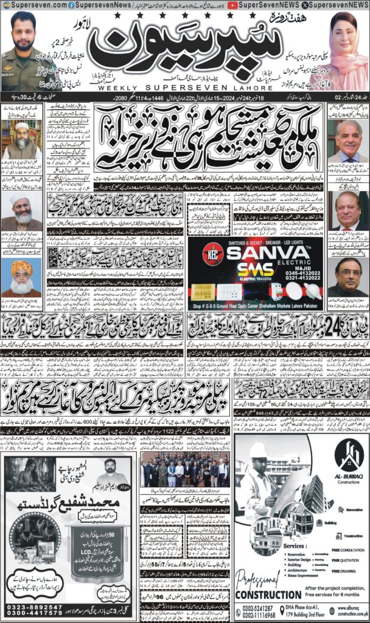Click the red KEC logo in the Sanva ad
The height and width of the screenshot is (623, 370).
[x=196, y=248]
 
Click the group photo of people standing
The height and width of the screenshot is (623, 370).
[x=185, y=472]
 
